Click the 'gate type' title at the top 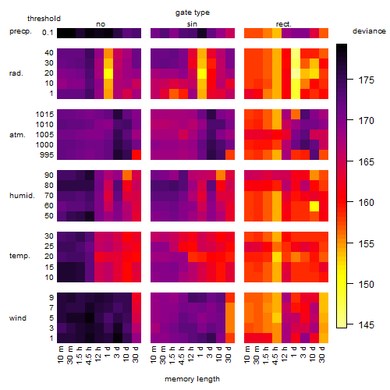pyautogui.click(x=193, y=12)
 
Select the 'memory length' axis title pyautogui.click(x=192, y=379)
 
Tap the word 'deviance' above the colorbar pyautogui.click(x=369, y=31)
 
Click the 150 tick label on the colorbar pyautogui.click(x=367, y=284)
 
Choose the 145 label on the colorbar pyautogui.click(x=367, y=324)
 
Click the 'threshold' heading pyautogui.click(x=44, y=19)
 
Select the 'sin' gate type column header pyautogui.click(x=192, y=24)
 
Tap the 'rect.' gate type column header pyautogui.click(x=283, y=24)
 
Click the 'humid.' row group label pyautogui.click(x=22, y=196)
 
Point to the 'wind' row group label pyautogui.click(x=18, y=318)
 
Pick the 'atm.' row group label pyautogui.click(x=17, y=135)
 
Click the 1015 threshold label pyautogui.click(x=44, y=115)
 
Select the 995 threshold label pyautogui.click(x=47, y=155)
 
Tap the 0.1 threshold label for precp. pyautogui.click(x=48, y=33)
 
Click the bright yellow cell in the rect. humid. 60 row pyautogui.click(x=314, y=206)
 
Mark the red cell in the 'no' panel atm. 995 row pyautogui.click(x=136, y=154)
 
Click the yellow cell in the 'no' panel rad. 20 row pyautogui.click(x=108, y=73)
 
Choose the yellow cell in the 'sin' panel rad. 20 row pyautogui.click(x=202, y=73)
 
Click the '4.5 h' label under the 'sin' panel pyautogui.click(x=181, y=355)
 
